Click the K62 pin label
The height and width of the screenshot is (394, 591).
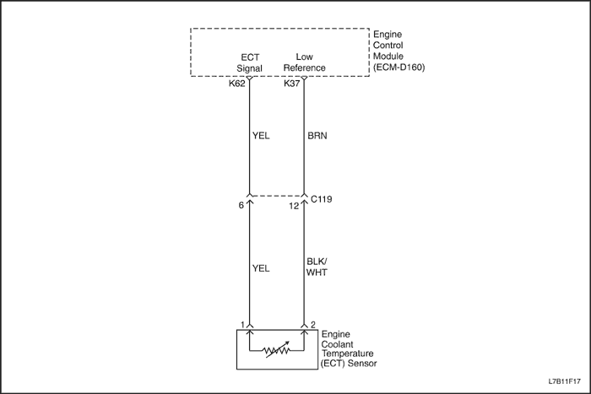coord(236,84)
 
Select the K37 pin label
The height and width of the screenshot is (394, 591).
coord(292,84)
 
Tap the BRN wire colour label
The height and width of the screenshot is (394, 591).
coord(317,136)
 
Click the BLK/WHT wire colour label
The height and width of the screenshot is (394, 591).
coord(317,267)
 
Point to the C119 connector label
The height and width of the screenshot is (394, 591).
coord(321,199)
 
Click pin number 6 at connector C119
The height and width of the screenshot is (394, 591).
coord(241,206)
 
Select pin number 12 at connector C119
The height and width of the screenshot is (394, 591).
coord(294,206)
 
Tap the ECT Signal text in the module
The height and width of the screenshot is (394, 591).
coord(250,63)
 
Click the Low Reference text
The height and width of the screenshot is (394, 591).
coord(304,62)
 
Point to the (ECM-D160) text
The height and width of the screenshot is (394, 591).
coord(399,67)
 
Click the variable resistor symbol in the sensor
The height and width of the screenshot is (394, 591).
coord(277,350)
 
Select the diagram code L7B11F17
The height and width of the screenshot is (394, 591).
coord(564,381)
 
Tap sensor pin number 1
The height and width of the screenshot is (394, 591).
coord(243,325)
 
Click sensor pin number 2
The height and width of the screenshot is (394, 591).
coord(313,325)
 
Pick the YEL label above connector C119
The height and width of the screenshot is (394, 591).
coord(261,136)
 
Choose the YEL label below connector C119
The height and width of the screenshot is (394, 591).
coord(261,268)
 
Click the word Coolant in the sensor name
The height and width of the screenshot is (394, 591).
coord(338,344)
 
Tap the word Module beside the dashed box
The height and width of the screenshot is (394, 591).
coord(388,57)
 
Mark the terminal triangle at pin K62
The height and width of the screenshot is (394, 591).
coord(249,78)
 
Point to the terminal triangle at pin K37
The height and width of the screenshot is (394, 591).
coord(304,78)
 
